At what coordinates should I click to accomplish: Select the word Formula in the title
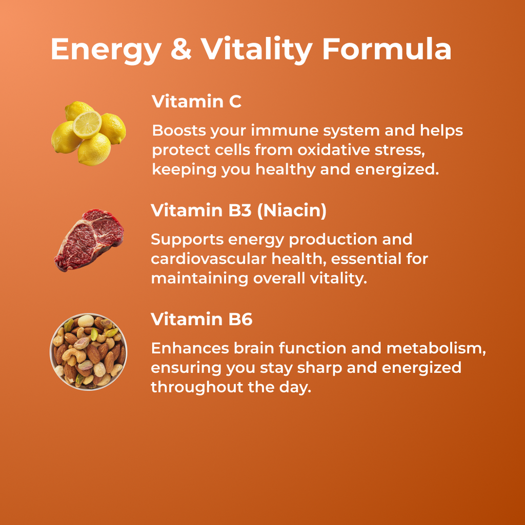[387, 50]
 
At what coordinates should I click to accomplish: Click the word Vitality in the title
[256, 50]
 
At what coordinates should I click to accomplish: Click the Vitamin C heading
[196, 102]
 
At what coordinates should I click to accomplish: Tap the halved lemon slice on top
[87, 124]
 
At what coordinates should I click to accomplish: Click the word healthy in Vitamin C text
[286, 170]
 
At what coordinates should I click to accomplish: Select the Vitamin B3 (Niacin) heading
[238, 211]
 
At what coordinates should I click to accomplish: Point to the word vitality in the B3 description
[339, 278]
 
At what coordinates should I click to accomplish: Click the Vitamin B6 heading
[201, 319]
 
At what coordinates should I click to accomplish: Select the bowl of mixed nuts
[89, 352]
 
